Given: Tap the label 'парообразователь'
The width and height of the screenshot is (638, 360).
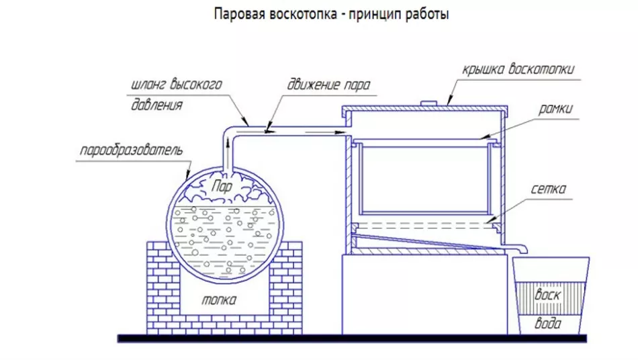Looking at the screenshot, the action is click(131, 150).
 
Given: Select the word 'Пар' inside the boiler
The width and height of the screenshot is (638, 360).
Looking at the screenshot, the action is click(222, 186).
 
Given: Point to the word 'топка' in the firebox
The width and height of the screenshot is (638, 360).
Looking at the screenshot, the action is click(219, 300).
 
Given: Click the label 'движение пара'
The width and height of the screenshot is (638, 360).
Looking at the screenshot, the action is click(328, 85).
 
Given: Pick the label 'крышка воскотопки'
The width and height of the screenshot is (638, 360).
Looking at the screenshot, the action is click(518, 69).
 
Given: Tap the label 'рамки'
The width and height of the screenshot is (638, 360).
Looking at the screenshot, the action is click(555, 109).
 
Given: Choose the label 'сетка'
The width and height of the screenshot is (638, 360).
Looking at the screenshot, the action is click(549, 189).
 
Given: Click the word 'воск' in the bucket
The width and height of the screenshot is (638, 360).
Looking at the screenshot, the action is click(548, 294).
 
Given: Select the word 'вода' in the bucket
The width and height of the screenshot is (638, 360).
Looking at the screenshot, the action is click(547, 323).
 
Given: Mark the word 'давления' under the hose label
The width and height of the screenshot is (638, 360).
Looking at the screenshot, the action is click(156, 105).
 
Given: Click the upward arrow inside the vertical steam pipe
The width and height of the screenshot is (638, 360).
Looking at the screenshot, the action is click(228, 145).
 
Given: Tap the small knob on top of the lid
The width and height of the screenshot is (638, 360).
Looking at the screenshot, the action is click(428, 103).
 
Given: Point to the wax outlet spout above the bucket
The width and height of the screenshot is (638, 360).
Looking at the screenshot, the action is click(517, 247).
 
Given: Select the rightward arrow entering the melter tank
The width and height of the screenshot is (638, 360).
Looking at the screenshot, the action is click(324, 132).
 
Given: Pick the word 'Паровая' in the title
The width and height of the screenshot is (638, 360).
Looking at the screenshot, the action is click(239, 14).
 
